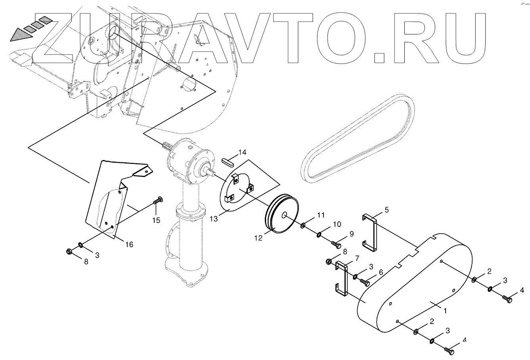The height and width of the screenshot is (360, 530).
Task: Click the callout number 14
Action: pos(242,153)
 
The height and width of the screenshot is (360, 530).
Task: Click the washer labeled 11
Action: pos(303,225)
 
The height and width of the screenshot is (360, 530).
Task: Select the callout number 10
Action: pos(337,224)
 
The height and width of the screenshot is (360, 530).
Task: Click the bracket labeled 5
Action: pos(370,234)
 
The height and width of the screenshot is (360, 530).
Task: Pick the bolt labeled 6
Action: pos(365,282)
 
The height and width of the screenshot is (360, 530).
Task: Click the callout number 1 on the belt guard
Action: pos(445,311)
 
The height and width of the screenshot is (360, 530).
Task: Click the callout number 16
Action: pos(129,244)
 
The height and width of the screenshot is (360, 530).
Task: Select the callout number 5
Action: pos(387,210)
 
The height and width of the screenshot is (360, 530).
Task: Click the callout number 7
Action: pos(357,258)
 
